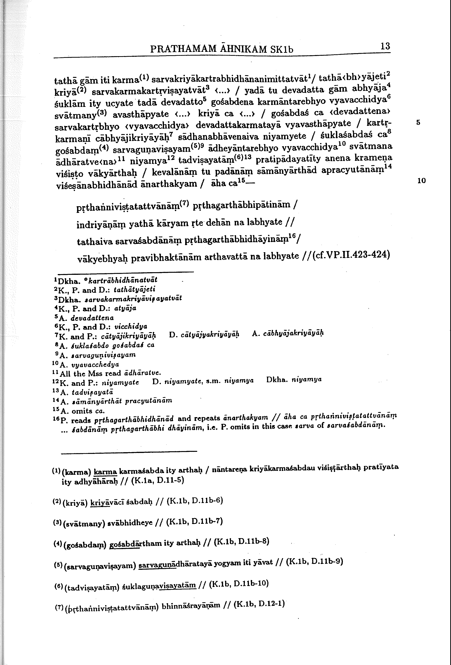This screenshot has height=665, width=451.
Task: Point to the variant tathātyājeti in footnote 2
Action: coord(134,290)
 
